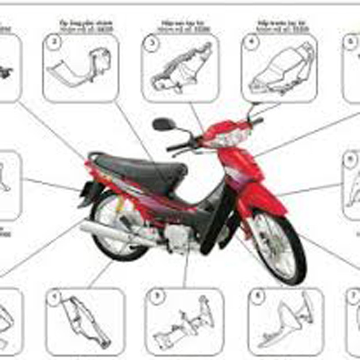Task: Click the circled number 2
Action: pyautogui.click(x=54, y=43)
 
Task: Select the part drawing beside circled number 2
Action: pyautogui.click(x=81, y=67)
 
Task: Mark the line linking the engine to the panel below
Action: pyautogui.click(x=185, y=270)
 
